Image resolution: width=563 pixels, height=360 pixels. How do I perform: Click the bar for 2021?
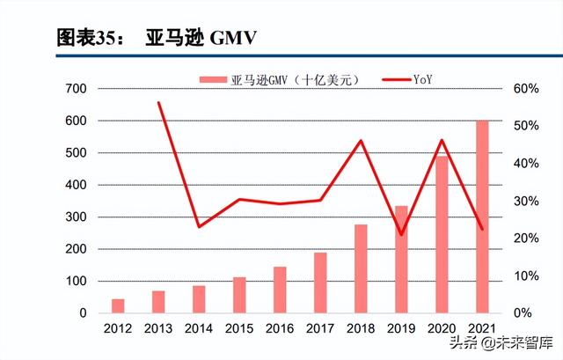pos(482,217)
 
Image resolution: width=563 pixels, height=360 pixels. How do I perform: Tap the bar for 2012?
pos(118,305)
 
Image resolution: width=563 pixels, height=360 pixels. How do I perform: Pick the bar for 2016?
pos(280,290)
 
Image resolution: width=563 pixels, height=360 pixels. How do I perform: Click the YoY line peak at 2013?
pos(159,103)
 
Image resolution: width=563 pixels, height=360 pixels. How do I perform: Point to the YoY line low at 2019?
pos(401,235)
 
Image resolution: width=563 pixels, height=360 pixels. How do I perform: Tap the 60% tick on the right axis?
pos(514,89)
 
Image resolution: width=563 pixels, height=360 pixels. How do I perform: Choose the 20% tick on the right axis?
pos(514,239)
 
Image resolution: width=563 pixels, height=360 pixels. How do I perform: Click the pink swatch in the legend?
pos(216,80)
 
